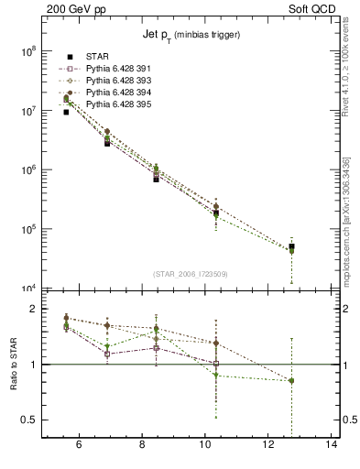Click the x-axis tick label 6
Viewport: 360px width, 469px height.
79,447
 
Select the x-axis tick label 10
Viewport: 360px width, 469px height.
205,447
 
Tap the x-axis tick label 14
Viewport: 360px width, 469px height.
332,447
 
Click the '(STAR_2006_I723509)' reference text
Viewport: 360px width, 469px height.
190,274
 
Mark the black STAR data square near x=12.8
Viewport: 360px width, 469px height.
291,247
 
